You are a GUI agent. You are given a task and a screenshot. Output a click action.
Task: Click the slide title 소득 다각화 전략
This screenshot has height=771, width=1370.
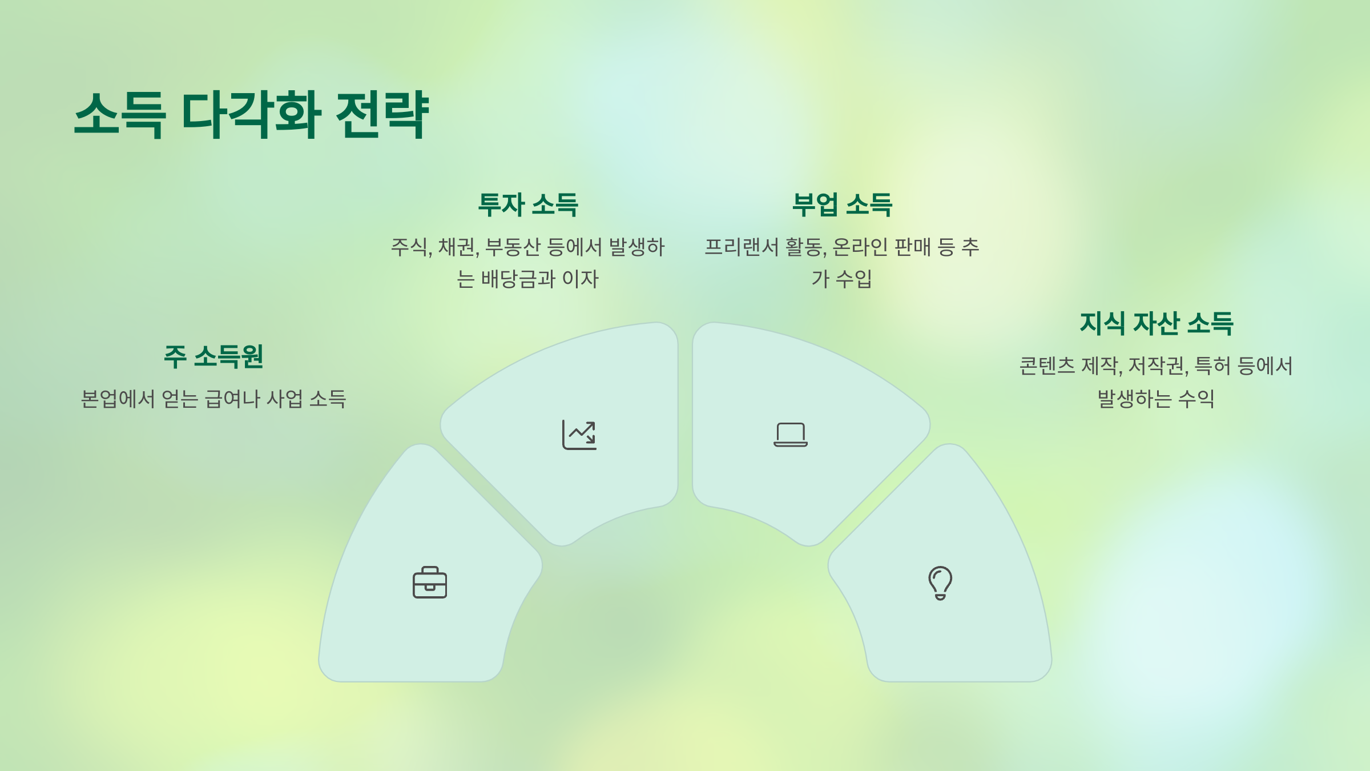click(x=251, y=114)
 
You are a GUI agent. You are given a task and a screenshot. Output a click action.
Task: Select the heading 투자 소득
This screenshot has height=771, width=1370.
click(x=528, y=204)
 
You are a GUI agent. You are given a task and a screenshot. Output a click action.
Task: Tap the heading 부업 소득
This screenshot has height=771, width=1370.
click(x=842, y=204)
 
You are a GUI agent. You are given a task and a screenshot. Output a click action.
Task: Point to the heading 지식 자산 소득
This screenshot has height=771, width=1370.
click(x=1156, y=323)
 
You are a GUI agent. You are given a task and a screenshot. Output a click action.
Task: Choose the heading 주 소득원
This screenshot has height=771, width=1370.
click(x=213, y=356)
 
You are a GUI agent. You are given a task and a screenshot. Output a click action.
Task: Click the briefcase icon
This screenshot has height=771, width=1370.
click(x=430, y=583)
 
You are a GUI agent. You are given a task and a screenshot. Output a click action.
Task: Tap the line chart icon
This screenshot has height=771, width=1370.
click(x=579, y=435)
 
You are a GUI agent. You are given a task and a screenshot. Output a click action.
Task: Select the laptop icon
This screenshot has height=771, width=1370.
click(x=791, y=435)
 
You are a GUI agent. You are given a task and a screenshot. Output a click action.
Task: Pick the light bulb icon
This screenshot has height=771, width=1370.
click(x=940, y=583)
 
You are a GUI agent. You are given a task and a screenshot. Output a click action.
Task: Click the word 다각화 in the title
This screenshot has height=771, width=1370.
click(x=251, y=114)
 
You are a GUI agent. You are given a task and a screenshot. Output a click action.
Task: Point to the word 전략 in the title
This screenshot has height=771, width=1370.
click(x=382, y=114)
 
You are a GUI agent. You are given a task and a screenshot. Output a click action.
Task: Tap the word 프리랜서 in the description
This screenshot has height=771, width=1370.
click(x=742, y=247)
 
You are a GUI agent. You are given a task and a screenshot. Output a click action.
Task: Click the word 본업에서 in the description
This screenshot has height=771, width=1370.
click(x=118, y=399)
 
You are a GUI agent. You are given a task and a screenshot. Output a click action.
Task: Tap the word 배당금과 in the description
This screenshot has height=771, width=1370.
click(x=518, y=279)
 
